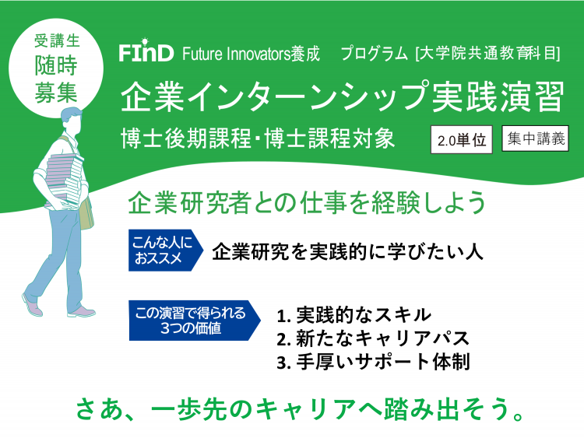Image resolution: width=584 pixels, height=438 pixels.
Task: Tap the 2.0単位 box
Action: pyautogui.click(x=462, y=140)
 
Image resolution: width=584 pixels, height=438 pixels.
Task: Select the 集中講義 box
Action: pyautogui.click(x=535, y=138)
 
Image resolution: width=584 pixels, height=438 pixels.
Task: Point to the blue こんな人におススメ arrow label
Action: pyautogui.click(x=166, y=250)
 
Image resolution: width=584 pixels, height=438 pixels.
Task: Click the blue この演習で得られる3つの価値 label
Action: pyautogui.click(x=195, y=321)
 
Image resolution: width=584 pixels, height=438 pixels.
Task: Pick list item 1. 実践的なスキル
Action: pyautogui.click(x=354, y=315)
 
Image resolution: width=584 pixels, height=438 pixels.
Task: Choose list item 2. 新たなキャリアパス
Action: pyautogui.click(x=373, y=338)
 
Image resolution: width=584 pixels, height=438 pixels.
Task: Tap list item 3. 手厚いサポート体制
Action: pyautogui.click(x=373, y=362)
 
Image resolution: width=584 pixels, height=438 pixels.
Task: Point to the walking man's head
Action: pyautogui.click(x=72, y=121)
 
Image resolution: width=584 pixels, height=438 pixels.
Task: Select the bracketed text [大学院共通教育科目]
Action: pyautogui.click(x=487, y=54)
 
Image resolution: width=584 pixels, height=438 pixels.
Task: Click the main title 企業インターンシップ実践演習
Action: pyautogui.click(x=343, y=97)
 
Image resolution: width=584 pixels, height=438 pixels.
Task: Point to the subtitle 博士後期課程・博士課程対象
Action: pyautogui.click(x=258, y=138)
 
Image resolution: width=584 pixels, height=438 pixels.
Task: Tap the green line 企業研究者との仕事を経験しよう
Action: pyautogui.click(x=307, y=202)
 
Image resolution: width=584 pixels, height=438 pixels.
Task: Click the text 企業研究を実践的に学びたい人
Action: pyautogui.click(x=347, y=252)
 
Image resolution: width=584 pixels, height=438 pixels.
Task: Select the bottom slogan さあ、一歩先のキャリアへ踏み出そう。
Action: pyautogui.click(x=301, y=409)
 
